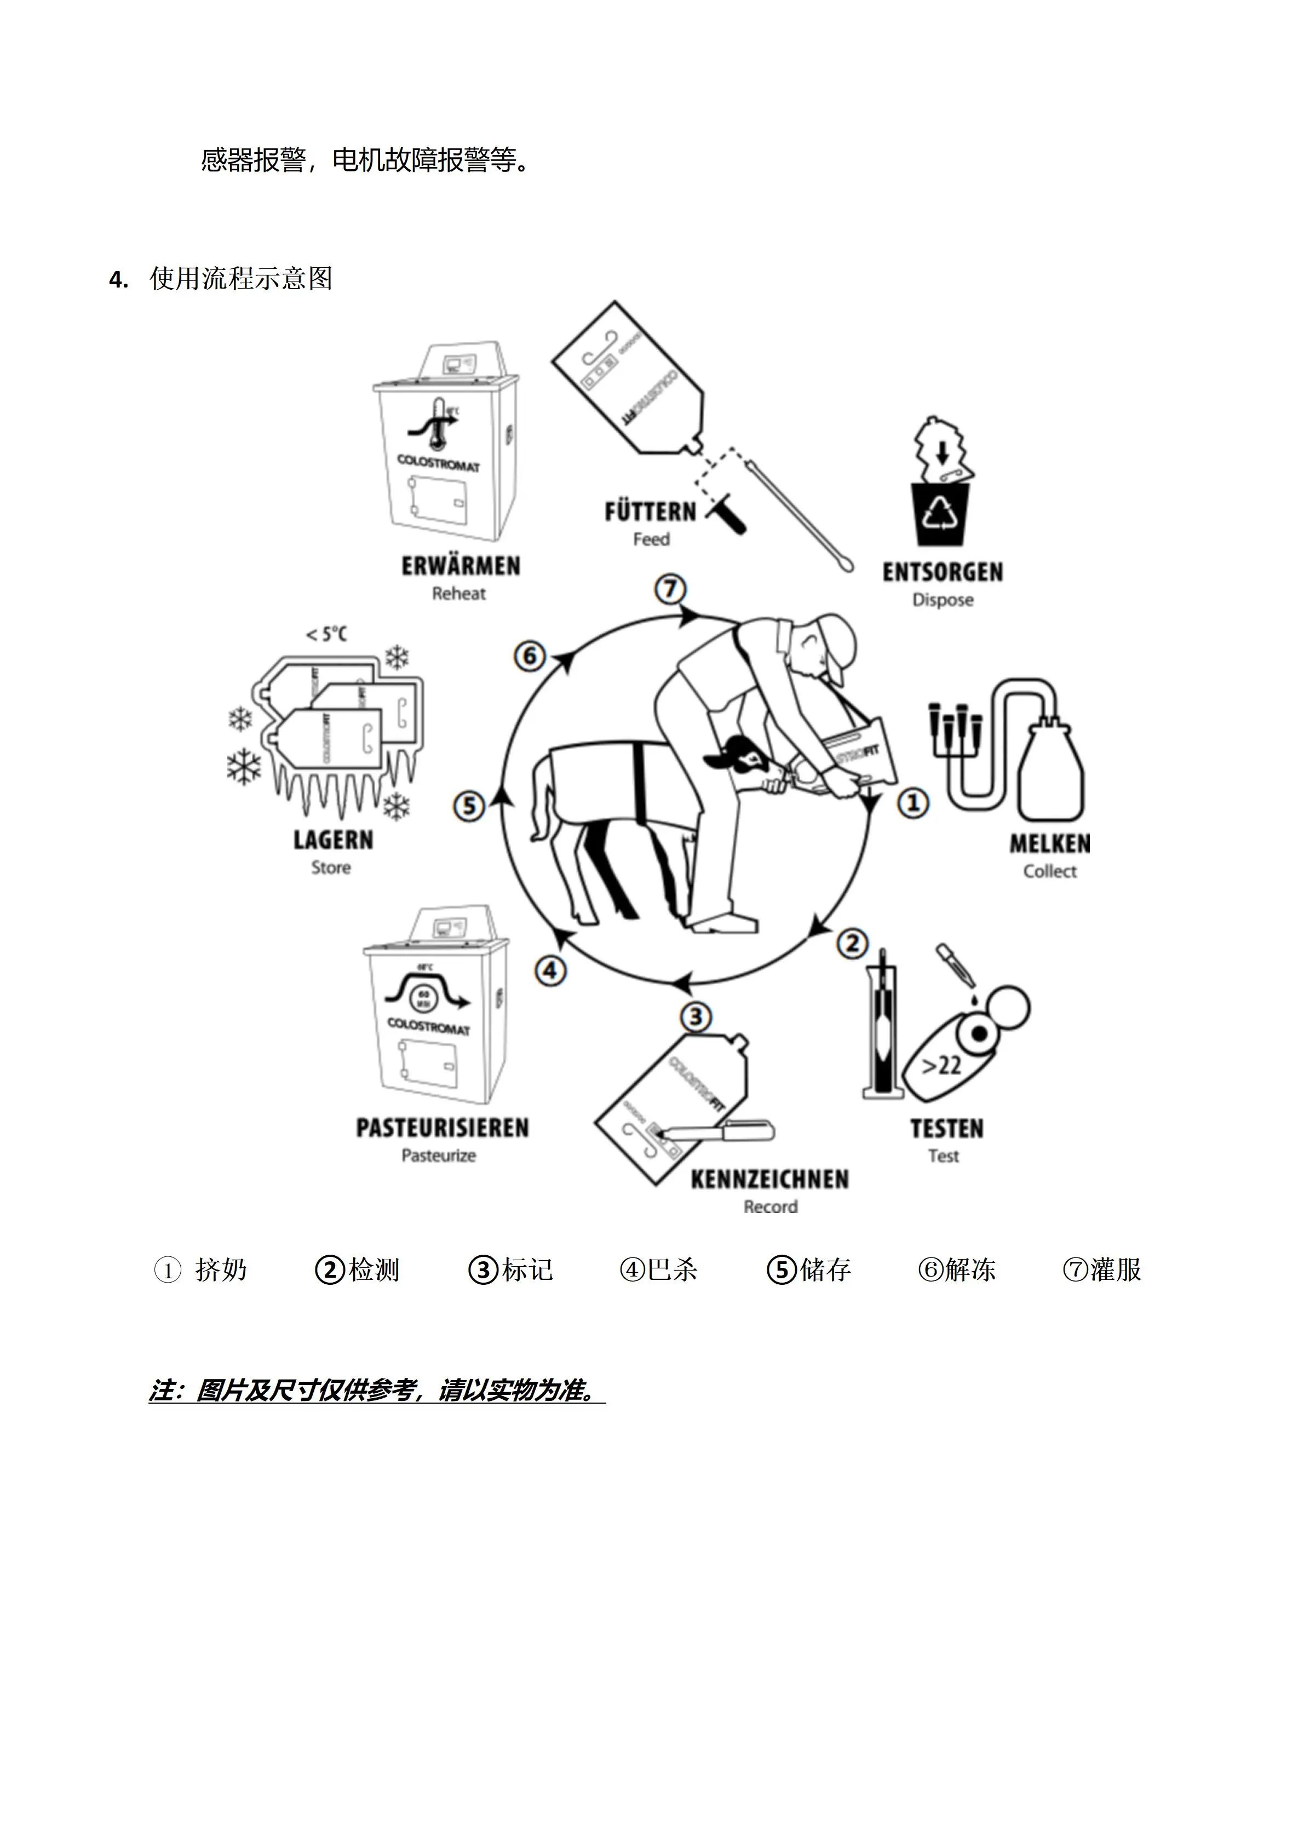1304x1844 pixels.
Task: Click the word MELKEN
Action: tap(1049, 843)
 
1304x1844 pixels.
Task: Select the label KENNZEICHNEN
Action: tap(769, 1179)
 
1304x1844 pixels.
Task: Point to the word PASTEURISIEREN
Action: tap(443, 1128)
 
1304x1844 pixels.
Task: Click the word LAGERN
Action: tap(333, 840)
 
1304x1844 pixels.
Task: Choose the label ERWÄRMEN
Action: tap(461, 566)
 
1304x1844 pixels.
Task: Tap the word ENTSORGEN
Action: tap(943, 572)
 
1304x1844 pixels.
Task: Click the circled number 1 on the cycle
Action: tap(913, 802)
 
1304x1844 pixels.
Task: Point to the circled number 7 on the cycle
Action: tap(670, 589)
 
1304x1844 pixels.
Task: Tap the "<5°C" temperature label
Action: tap(326, 635)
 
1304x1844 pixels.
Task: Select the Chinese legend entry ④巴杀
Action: tap(658, 1269)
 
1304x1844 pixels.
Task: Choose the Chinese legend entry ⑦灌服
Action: tap(1102, 1269)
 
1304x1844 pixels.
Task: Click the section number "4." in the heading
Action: tap(118, 280)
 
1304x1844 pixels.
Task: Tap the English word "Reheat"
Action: tap(459, 594)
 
